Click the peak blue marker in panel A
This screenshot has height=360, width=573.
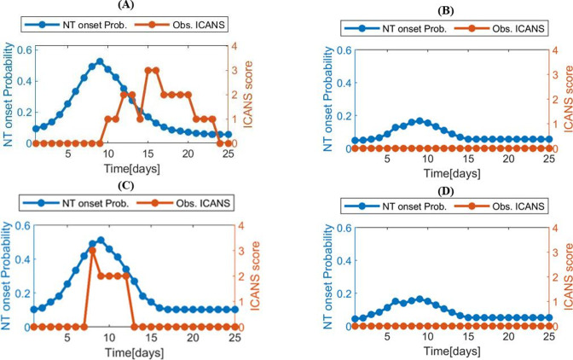(100, 61)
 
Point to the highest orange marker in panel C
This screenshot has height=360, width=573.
(91, 251)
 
